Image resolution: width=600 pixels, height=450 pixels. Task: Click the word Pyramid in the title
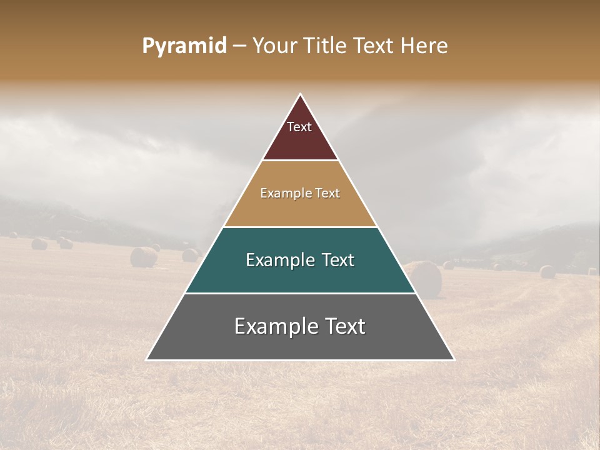point(184,46)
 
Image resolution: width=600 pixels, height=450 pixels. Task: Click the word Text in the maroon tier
point(299,127)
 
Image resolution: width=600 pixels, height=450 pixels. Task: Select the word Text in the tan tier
point(327,194)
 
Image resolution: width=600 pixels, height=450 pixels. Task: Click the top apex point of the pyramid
point(300,95)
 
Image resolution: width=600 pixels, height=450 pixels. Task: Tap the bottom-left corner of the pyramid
point(147,359)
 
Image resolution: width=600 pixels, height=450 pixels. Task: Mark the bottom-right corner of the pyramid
point(453,359)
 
